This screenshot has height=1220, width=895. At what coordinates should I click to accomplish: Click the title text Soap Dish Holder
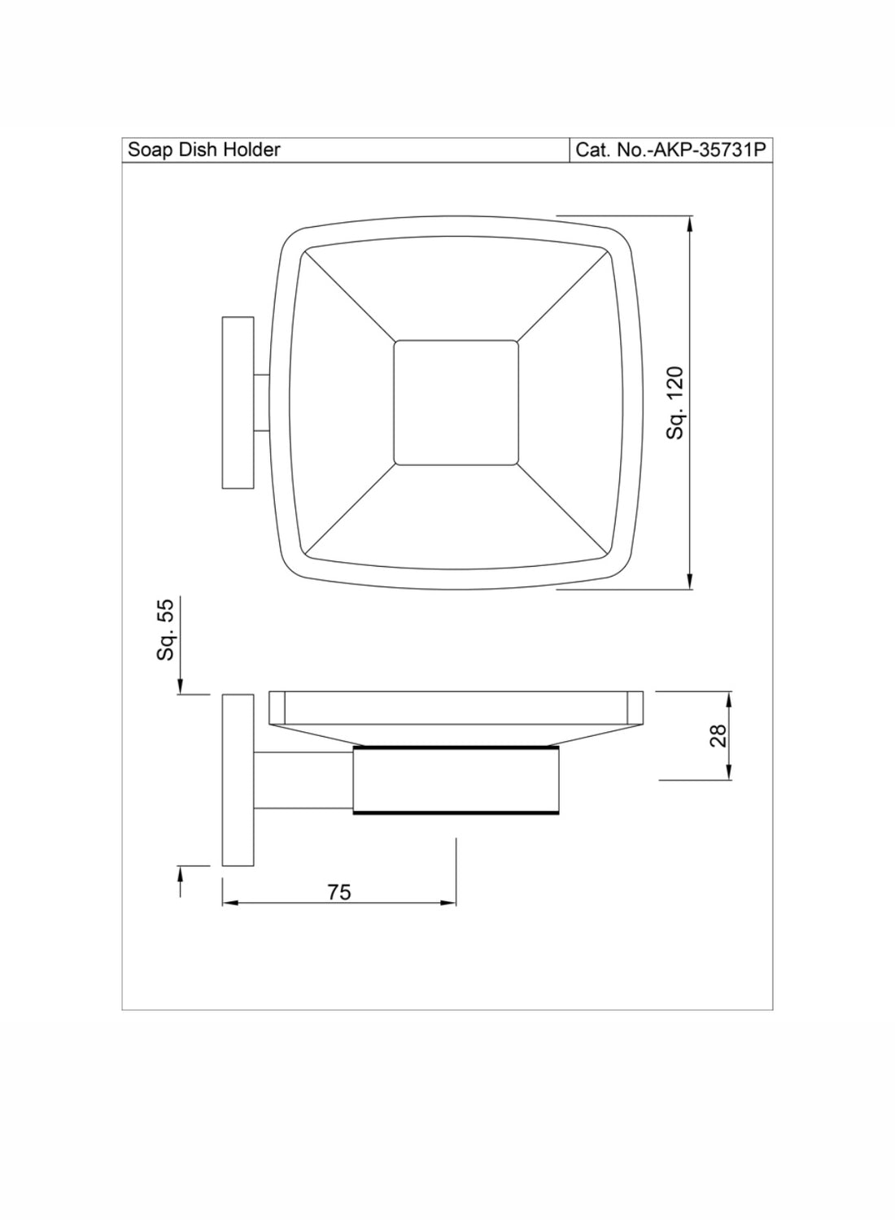[203, 150]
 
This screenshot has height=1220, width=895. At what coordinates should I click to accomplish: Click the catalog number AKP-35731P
[709, 150]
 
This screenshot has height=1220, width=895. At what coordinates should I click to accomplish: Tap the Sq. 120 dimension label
[675, 403]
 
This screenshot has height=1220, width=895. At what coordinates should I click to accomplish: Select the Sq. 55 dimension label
[165, 630]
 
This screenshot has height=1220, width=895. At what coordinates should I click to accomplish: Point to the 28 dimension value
[718, 736]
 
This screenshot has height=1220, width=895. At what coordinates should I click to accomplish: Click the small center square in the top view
[456, 403]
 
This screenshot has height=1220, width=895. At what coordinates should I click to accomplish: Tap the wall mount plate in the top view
[238, 403]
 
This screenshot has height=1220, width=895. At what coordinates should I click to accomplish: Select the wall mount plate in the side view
[238, 780]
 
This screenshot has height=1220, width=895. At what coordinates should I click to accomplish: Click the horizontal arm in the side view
[304, 781]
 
